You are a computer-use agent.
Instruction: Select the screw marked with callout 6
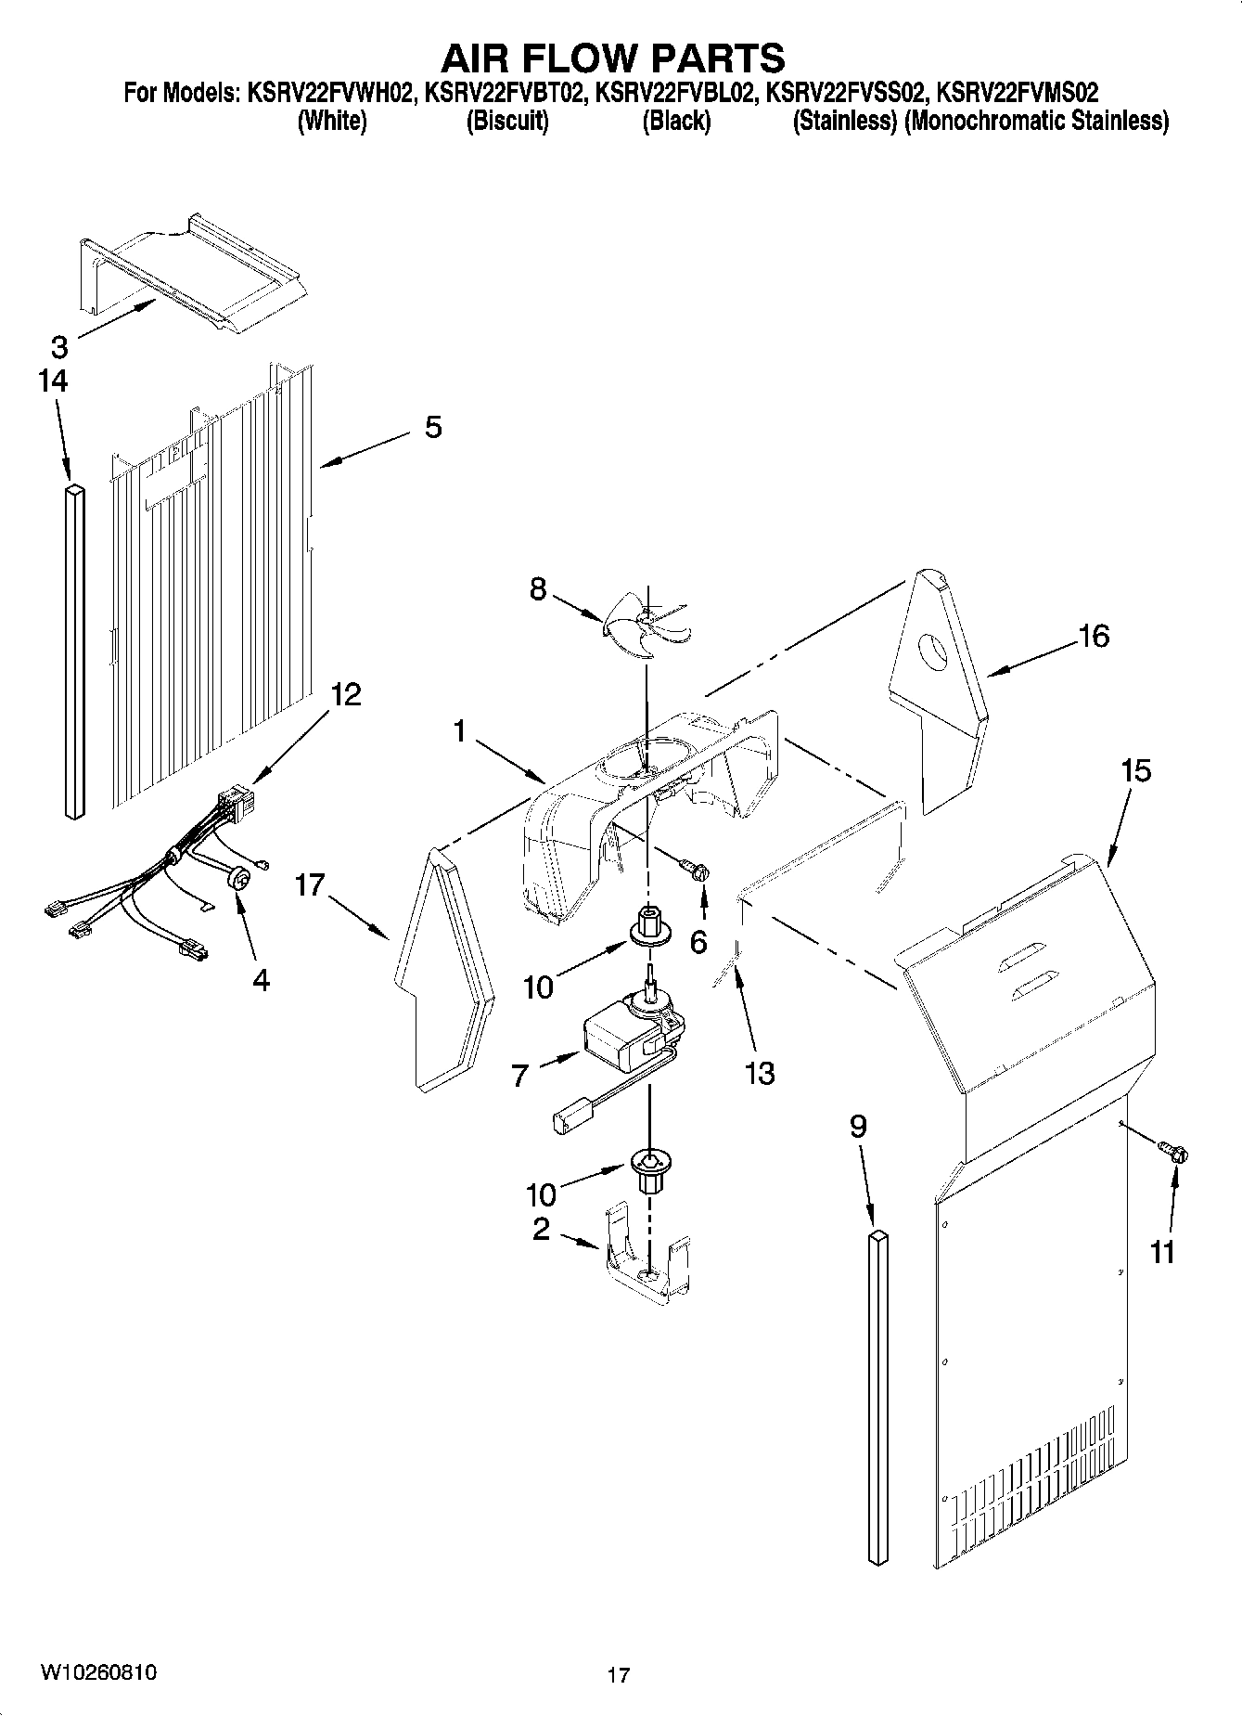[x=698, y=870]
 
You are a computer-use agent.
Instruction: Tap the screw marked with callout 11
[x=1177, y=1154]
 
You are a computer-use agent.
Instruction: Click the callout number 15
[x=1135, y=770]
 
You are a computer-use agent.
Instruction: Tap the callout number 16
[x=1094, y=637]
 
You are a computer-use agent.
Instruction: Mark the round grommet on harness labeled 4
[x=239, y=875]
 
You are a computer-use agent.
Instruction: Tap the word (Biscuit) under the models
[x=506, y=121]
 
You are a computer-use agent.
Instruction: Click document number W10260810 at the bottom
[x=98, y=1672]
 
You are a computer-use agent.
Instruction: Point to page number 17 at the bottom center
[x=618, y=1675]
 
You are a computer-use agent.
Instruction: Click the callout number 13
[x=759, y=1073]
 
